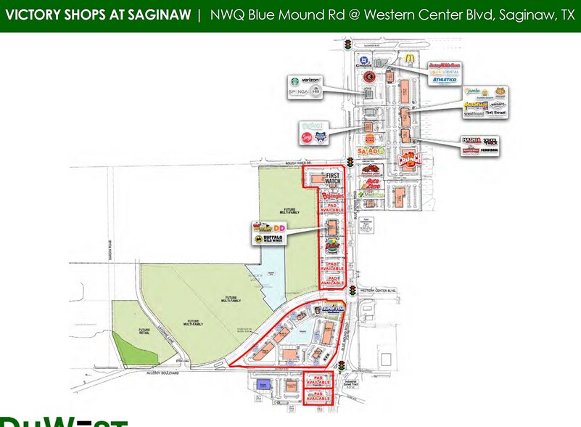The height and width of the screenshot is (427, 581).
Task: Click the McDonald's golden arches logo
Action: click(410, 57)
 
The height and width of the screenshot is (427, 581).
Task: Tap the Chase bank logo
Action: click(364, 62)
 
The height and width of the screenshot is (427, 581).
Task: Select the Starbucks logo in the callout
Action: click(294, 83)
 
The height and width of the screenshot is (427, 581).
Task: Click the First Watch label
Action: click(333, 179)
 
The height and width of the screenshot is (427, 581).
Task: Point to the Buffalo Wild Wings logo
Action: click(270, 239)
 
